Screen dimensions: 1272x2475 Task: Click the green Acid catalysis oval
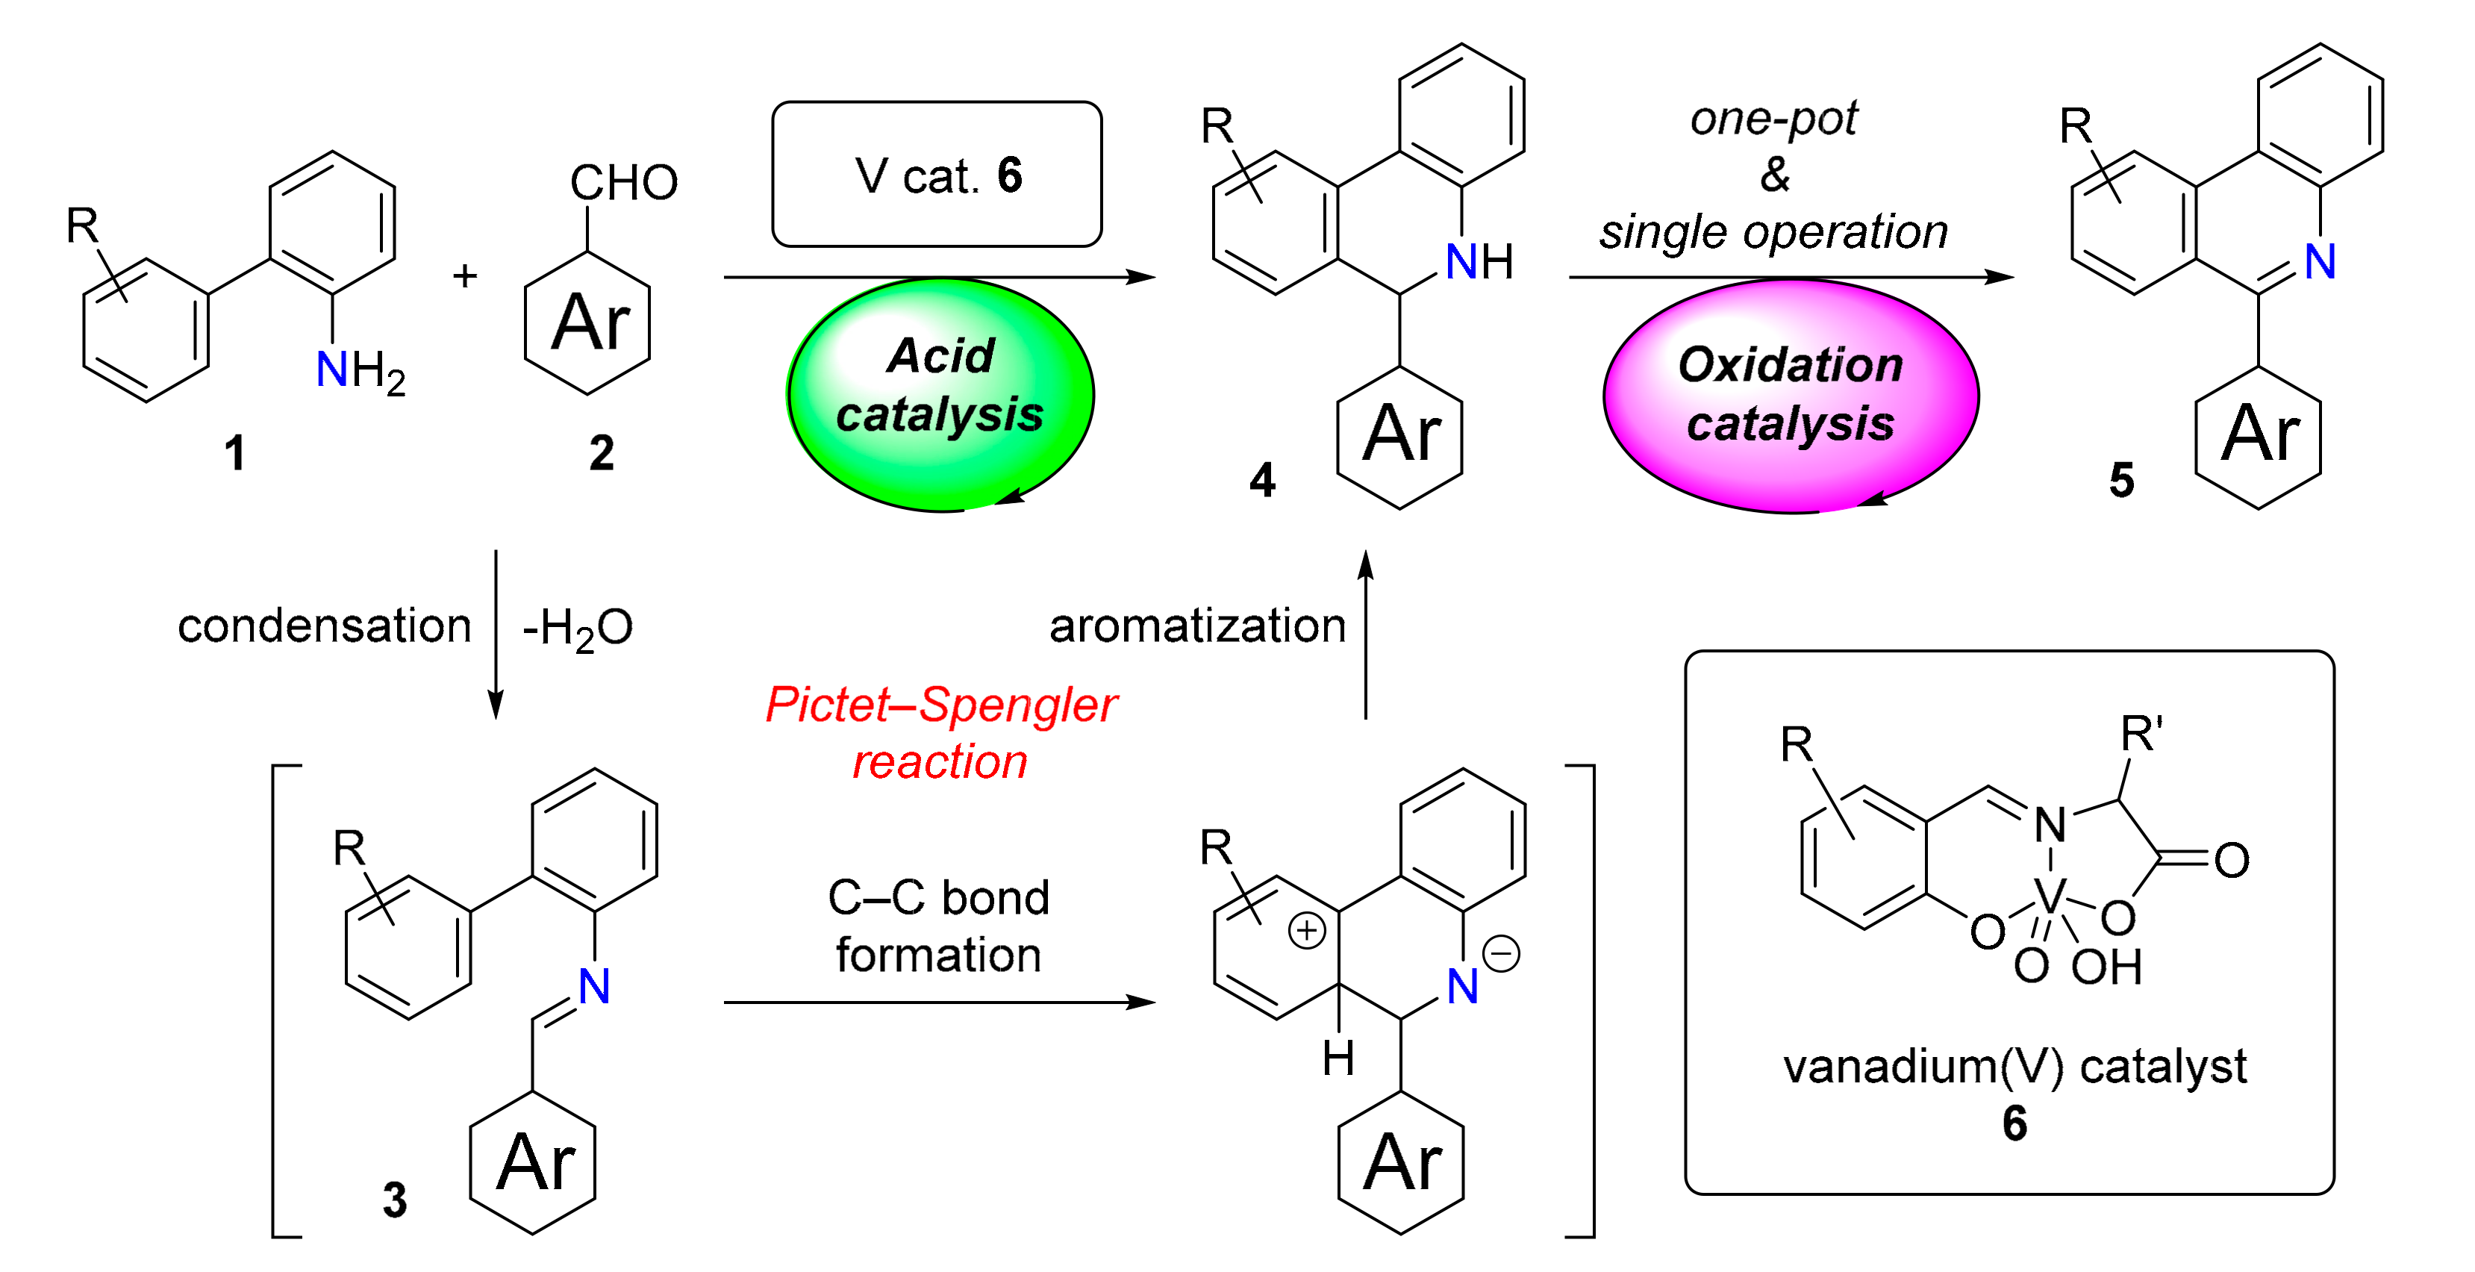(940, 394)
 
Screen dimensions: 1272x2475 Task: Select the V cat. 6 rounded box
(937, 175)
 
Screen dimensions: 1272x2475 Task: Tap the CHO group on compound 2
(623, 183)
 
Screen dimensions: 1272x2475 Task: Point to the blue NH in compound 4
(1478, 261)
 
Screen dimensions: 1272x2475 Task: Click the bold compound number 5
(2121, 479)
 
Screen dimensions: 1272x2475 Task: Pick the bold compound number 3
(395, 1199)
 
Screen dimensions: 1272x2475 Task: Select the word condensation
(324, 626)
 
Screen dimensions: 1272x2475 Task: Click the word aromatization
(1197, 626)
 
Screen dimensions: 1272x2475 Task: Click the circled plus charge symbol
(1307, 930)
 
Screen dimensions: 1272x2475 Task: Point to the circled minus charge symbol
(1501, 954)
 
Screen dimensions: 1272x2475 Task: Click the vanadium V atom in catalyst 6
(2050, 897)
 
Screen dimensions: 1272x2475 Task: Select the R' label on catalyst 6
(2141, 735)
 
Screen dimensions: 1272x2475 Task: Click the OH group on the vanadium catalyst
(2106, 967)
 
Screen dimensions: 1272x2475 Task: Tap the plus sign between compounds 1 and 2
(465, 277)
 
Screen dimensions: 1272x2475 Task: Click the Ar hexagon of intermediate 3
(533, 1162)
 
